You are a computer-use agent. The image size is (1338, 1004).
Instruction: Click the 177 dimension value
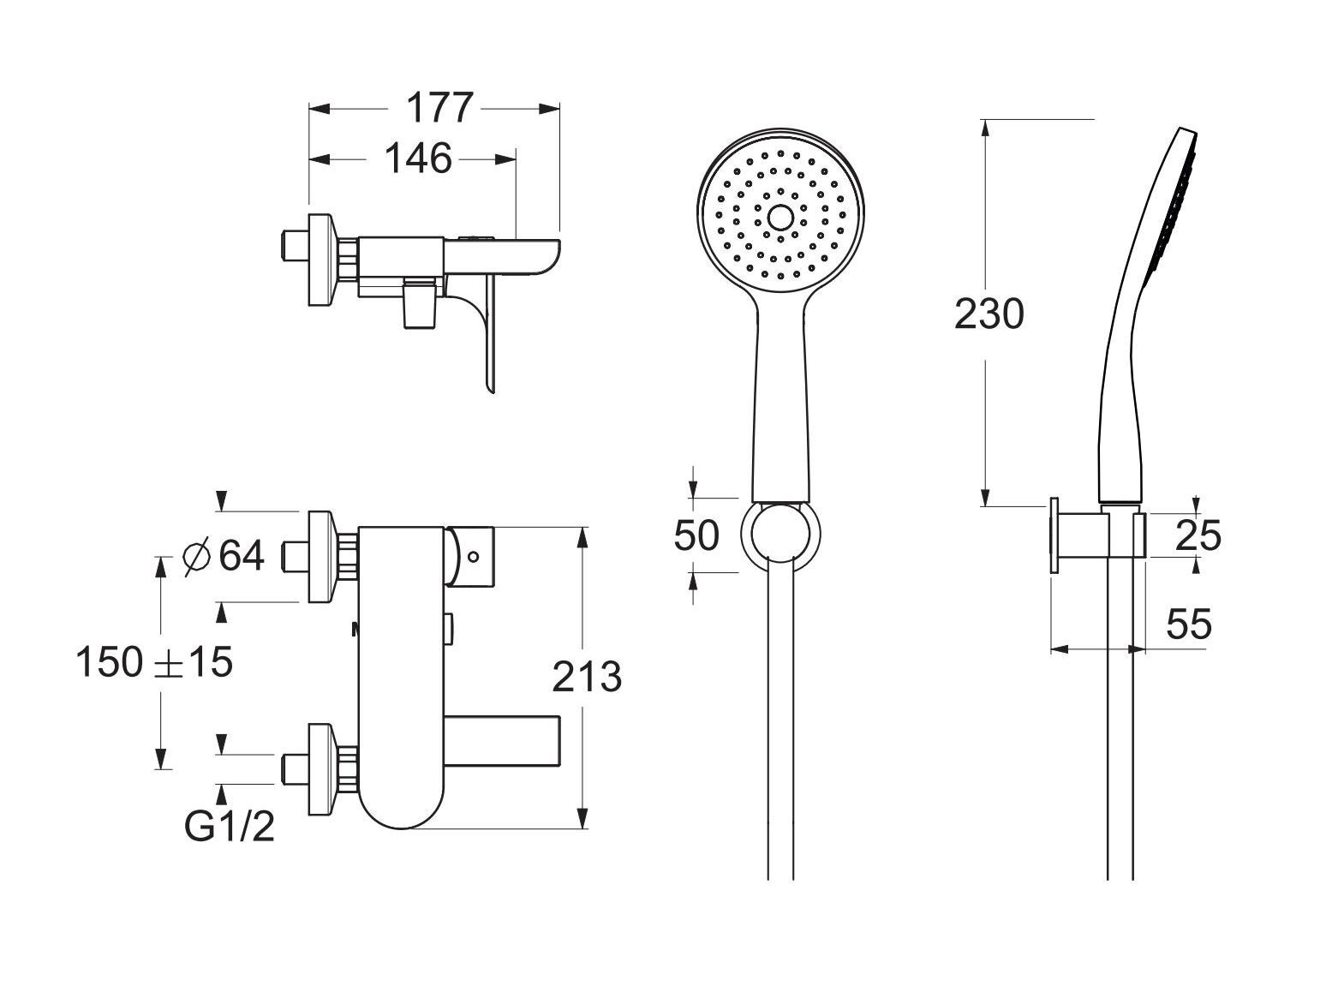point(439,108)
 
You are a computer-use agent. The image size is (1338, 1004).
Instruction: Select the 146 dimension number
point(418,158)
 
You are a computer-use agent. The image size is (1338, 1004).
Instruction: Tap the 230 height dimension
point(989,314)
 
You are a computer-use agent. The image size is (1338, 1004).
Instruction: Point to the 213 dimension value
point(587,677)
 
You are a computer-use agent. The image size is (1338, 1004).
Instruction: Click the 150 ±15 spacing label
point(154,662)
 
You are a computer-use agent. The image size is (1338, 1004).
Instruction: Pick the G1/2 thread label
point(230,828)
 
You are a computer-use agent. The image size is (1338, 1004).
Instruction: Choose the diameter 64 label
point(223,555)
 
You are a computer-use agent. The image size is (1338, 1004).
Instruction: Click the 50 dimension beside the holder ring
point(696,535)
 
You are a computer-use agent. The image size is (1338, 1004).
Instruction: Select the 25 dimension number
point(1198,535)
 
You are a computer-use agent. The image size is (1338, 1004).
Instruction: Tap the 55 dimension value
point(1189,624)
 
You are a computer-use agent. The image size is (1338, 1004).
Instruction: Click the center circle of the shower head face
point(780,217)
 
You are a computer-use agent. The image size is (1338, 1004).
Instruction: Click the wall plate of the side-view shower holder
point(1054,535)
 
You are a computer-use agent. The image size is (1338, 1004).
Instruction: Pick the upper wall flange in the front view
point(321,557)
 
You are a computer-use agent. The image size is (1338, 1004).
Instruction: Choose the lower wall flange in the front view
point(321,769)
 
